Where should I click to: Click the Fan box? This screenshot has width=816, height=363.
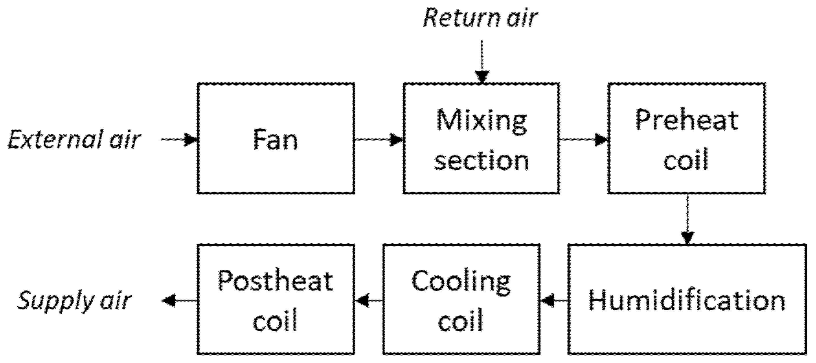pos(276,138)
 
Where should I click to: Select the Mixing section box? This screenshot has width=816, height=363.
pos(481,138)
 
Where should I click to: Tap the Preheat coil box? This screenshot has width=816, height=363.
pos(686,138)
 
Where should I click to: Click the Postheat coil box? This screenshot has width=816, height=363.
pos(276,300)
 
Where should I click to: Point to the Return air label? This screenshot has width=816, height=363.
pos(480,18)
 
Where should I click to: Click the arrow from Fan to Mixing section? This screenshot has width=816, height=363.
pos(379,139)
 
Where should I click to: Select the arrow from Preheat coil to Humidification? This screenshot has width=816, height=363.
pos(687,219)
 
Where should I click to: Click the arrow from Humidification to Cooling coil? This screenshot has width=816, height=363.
pos(554,300)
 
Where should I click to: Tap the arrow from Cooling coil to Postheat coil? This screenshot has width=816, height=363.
pos(368,300)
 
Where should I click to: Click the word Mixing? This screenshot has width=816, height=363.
pos(482,121)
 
